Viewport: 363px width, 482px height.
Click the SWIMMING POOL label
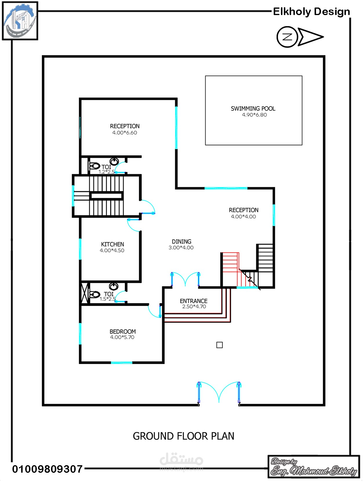coord(253,109)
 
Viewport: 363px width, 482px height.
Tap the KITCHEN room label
coord(112,244)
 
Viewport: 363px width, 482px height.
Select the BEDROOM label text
coord(122,331)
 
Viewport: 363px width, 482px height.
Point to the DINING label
coord(181,241)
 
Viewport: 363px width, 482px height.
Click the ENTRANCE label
coord(193,301)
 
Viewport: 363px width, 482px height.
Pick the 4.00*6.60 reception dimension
coord(124,133)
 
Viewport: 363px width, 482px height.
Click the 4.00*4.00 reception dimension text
coord(243,217)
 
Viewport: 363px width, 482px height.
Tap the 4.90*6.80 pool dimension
coord(254,115)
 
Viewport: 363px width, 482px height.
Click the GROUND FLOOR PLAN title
coord(183,436)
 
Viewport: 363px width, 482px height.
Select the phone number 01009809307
coord(47,469)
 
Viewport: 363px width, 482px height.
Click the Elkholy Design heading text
coord(311,11)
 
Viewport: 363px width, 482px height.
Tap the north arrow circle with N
coord(287,37)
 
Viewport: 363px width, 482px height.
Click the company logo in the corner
coord(20,21)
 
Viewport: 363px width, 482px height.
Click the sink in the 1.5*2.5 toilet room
coord(113,286)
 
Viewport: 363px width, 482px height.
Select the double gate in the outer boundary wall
coord(219,393)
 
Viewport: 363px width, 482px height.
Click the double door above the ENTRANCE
coord(185,279)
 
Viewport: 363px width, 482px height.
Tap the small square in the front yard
coord(219,345)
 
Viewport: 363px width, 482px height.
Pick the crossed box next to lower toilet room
coord(85,293)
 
